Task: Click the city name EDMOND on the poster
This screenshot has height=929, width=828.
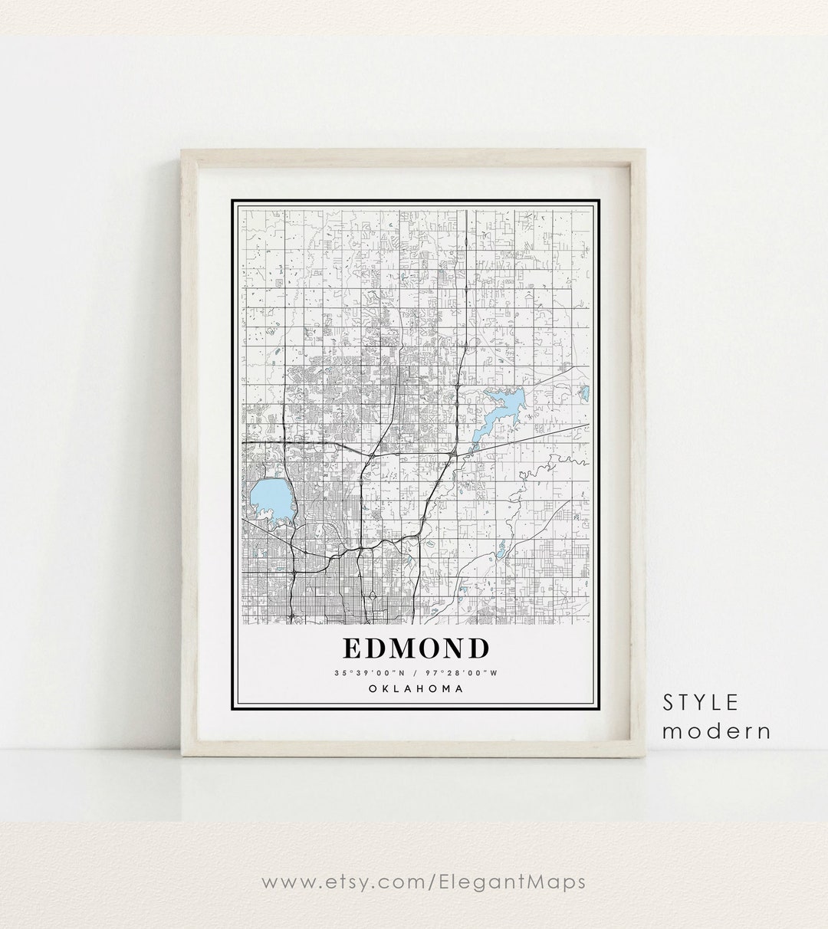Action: (415, 648)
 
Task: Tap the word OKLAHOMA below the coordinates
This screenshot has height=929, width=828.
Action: (415, 688)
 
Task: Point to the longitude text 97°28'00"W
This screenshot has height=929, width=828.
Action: (465, 673)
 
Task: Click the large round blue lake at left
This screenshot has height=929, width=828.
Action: (270, 500)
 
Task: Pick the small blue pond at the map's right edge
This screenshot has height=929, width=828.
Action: (583, 392)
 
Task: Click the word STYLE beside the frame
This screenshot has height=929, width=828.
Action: (701, 702)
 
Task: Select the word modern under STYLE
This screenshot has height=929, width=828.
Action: (716, 731)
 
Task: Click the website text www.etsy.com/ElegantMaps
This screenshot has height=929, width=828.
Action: (423, 881)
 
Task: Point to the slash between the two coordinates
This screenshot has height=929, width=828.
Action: (415, 673)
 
